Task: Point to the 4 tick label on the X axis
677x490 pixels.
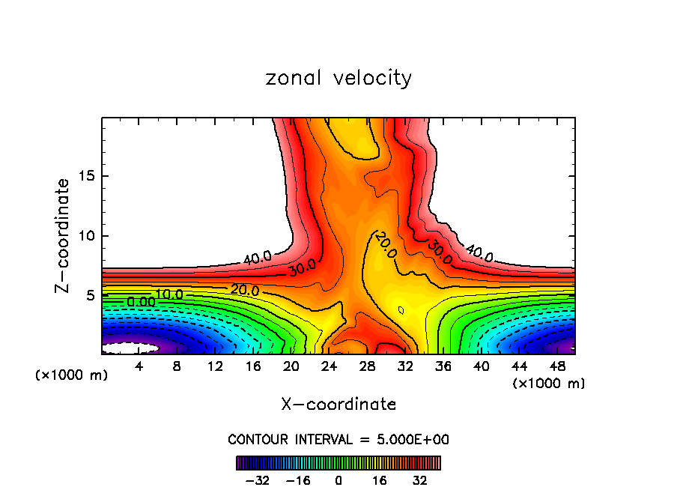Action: [139, 366]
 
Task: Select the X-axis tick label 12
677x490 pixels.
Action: [215, 366]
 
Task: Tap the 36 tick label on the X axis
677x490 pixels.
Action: [443, 366]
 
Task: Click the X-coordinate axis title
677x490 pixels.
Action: [338, 404]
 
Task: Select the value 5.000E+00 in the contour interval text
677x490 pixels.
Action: [409, 439]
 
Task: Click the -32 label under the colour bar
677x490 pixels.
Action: [257, 480]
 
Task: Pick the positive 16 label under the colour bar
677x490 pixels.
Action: [378, 480]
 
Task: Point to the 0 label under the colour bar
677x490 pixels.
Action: [338, 480]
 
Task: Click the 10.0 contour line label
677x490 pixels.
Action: [169, 294]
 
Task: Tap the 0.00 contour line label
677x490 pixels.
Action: [141, 301]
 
